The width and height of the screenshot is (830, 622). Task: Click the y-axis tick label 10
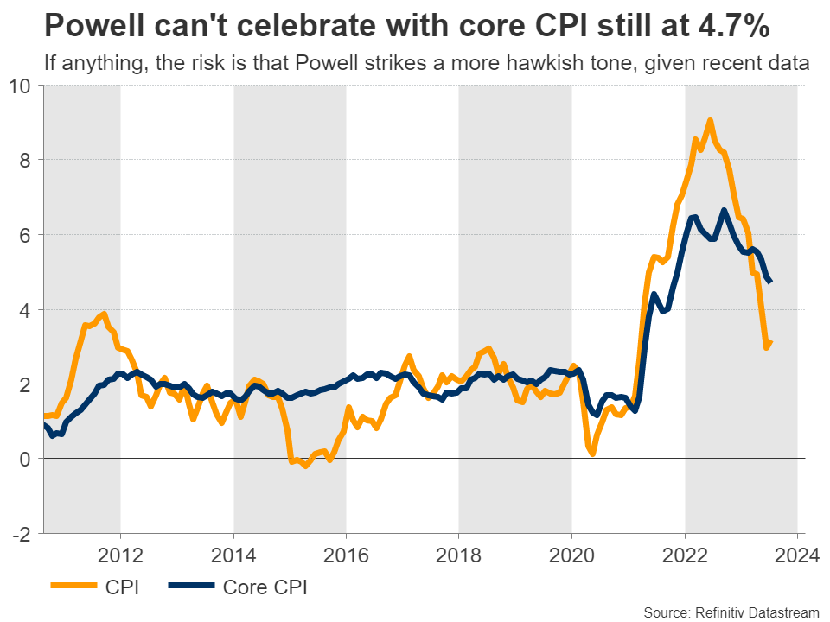[20, 86]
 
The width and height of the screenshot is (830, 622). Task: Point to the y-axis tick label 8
[24, 160]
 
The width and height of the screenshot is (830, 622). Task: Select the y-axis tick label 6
[24, 235]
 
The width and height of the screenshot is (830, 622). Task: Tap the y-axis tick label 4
[24, 309]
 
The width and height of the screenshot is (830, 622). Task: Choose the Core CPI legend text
[265, 588]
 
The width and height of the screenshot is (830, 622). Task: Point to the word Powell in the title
[96, 27]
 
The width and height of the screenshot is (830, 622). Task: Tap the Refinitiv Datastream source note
[732, 611]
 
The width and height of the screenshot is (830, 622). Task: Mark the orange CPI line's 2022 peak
[710, 121]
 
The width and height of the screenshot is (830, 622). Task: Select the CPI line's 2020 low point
[593, 453]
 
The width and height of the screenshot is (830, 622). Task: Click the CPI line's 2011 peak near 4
[104, 314]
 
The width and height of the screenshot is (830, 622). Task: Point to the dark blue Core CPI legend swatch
[189, 588]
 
